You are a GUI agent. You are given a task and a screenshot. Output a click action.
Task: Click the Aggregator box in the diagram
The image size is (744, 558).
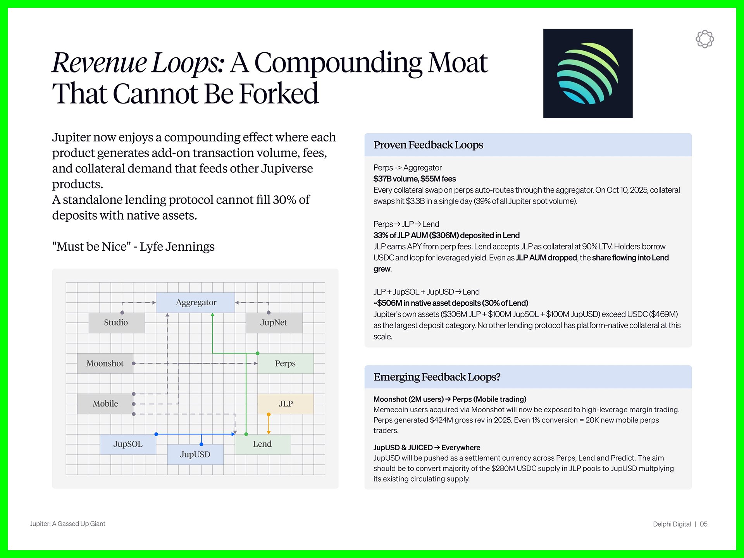pos(196,303)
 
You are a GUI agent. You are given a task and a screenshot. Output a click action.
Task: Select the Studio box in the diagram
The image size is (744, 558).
pos(116,323)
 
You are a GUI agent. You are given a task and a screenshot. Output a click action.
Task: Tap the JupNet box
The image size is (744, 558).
pos(274,323)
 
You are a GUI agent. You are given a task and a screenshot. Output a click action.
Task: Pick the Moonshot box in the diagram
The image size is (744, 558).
pos(105,363)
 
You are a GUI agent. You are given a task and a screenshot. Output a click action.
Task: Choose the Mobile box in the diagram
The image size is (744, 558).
pos(105,404)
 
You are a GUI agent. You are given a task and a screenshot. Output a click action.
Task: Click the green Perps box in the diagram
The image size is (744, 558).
pos(285,363)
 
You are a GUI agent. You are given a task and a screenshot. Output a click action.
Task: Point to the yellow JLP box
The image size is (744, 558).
pos(286,404)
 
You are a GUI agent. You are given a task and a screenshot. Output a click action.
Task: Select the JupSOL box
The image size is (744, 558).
pos(128,444)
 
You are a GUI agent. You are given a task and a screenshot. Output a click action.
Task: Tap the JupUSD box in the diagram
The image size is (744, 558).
pos(195,455)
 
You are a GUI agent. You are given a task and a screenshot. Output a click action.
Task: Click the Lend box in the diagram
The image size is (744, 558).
pos(262,444)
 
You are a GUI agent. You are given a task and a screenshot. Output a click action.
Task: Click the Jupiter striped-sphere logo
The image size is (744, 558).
pos(588,73)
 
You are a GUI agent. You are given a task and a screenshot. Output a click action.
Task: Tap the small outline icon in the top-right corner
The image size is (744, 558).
pos(704,39)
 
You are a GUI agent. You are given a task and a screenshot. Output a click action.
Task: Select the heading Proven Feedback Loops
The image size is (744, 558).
pos(428,145)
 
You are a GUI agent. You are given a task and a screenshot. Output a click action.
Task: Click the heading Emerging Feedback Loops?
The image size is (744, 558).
pos(437,377)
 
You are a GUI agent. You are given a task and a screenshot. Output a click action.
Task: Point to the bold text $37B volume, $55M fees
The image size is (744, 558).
pos(414,179)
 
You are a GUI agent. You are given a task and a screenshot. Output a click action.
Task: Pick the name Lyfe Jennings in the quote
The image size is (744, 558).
pos(177,247)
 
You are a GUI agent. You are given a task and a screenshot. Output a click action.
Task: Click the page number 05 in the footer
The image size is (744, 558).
pos(704,524)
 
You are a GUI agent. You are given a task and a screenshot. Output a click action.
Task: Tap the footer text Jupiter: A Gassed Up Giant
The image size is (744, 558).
pos(67,524)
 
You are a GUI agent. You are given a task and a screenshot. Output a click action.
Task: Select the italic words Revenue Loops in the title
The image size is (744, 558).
pos(137,63)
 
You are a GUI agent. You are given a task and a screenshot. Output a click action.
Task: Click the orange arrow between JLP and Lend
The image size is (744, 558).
pos(269,424)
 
